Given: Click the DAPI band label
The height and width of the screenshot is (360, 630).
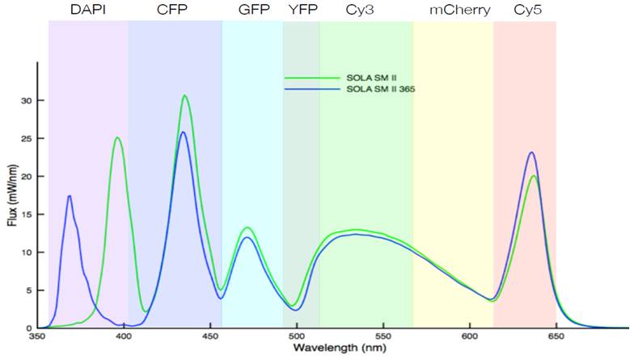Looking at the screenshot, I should tap(88, 11).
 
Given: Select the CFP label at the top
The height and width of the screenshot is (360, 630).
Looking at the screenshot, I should tap(174, 11).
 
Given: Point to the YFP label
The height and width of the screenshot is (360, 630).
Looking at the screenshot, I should tap(302, 11).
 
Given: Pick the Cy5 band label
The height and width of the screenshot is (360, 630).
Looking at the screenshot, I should tap(527, 11).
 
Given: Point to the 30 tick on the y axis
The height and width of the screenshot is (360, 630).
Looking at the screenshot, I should tap(27, 100).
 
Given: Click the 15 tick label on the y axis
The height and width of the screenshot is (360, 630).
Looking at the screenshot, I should tap(27, 214).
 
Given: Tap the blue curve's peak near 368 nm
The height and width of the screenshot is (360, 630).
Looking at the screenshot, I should tap(70, 196).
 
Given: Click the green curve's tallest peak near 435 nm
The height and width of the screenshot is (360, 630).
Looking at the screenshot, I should tap(185, 95).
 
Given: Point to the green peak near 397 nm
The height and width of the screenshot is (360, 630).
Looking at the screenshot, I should tap(118, 138).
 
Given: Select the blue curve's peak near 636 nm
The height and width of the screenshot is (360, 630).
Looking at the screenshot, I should tap(531, 152).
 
